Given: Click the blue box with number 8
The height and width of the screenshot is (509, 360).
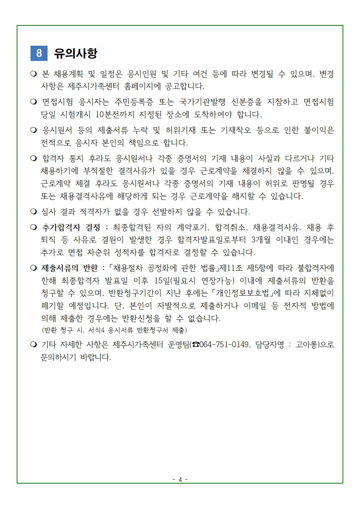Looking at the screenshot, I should (x=39, y=53).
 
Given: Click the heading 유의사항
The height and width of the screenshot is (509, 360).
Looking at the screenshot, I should (x=75, y=53).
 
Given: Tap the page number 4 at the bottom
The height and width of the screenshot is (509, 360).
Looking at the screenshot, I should (x=180, y=480).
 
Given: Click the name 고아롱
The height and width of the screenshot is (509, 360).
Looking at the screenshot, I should (x=307, y=344).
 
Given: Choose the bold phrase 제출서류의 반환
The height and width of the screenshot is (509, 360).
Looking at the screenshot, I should (x=70, y=268).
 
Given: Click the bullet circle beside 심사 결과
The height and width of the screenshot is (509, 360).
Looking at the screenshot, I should (x=34, y=211).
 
